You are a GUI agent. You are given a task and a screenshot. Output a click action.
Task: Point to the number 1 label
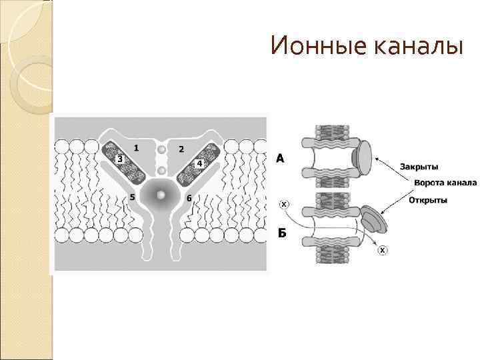click(x=137, y=147)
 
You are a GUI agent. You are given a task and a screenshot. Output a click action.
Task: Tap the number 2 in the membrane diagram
click(x=181, y=148)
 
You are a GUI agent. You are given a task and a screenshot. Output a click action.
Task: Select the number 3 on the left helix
click(x=119, y=160)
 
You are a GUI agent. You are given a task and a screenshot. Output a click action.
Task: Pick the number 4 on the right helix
click(x=199, y=163)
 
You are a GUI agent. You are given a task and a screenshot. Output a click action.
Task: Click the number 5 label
click(x=133, y=197)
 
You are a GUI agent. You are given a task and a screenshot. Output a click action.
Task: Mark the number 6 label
click(x=189, y=198)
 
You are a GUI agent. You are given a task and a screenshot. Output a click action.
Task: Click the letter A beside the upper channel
click(x=281, y=158)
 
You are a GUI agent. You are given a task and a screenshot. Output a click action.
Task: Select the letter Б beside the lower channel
click(x=281, y=233)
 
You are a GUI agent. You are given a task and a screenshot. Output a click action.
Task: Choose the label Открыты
click(x=427, y=199)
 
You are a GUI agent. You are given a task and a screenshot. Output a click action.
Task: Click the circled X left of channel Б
click(x=283, y=204)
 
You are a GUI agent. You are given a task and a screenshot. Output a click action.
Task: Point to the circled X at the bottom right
click(x=382, y=250)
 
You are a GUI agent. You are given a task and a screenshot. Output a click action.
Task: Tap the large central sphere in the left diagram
click(x=161, y=195)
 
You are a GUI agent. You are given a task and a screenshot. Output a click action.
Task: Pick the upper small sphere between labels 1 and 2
click(x=161, y=150)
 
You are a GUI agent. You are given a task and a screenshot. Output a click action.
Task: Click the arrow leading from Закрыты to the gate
click(x=387, y=163)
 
